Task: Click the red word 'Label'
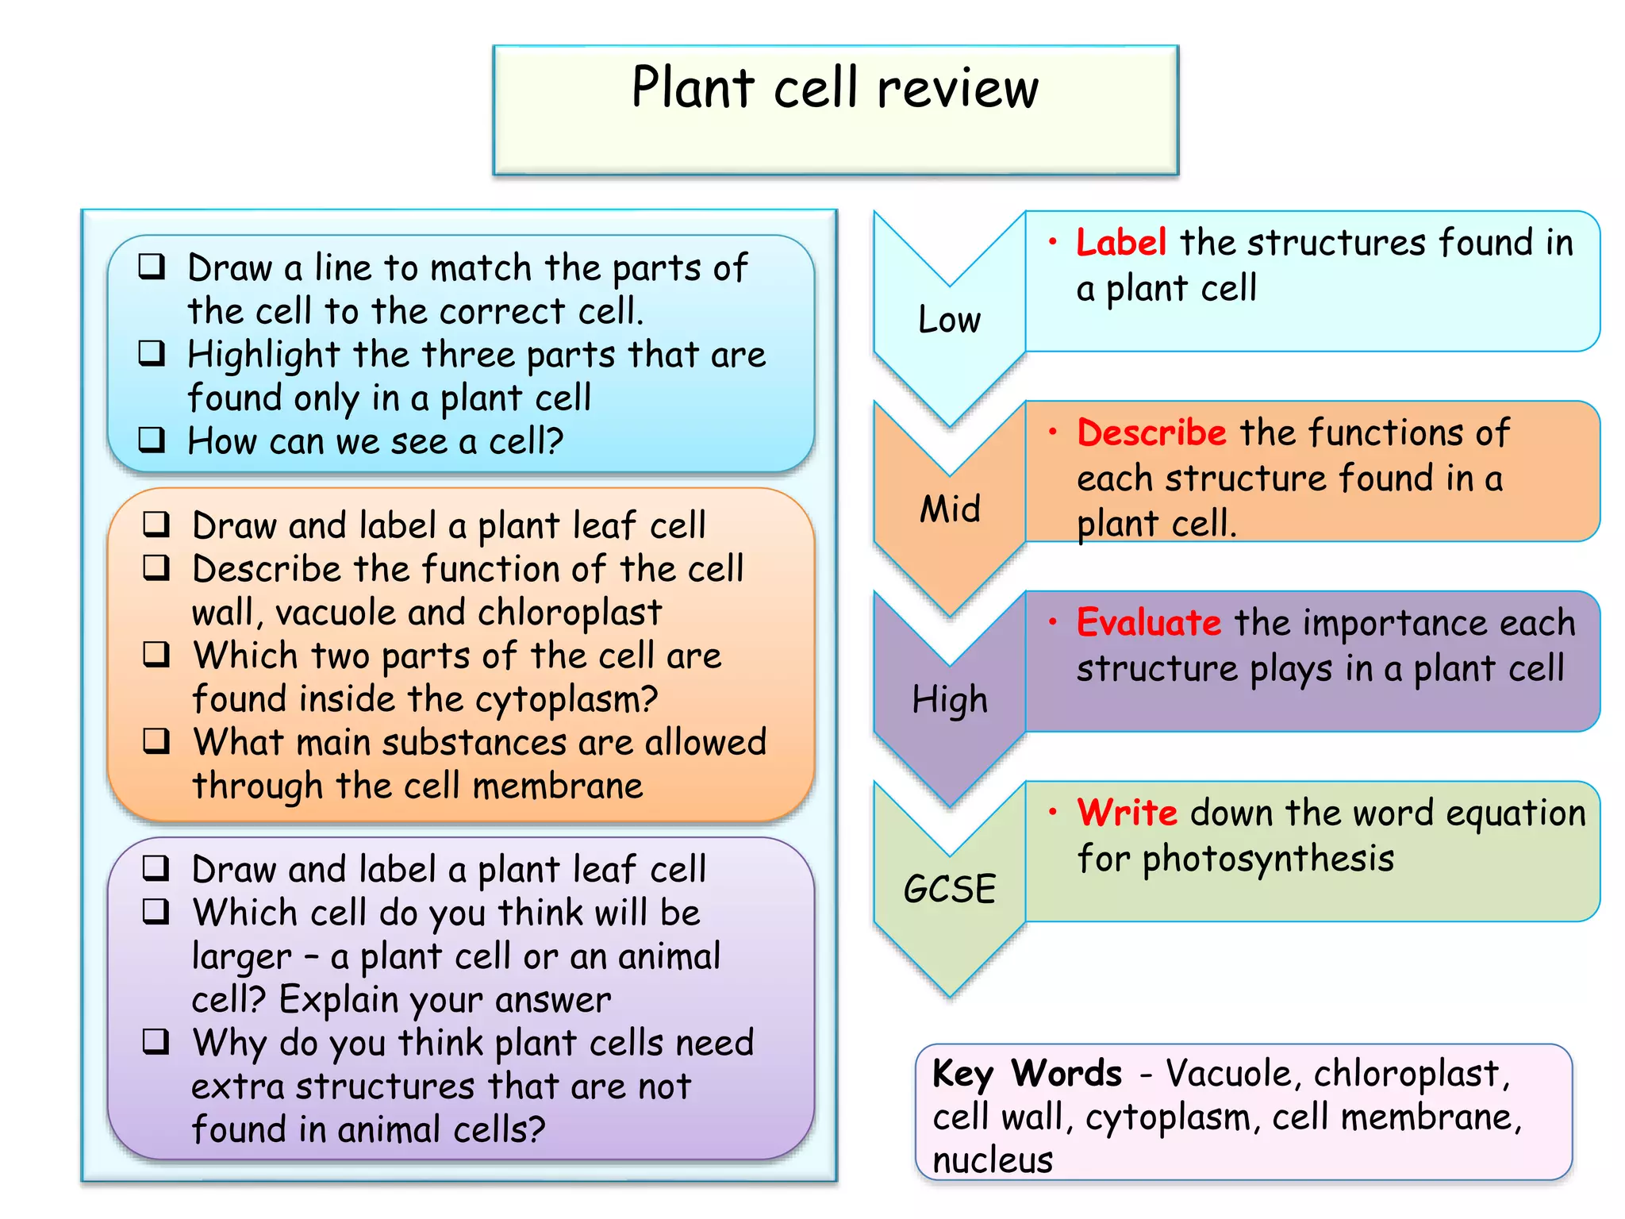[x=1120, y=242]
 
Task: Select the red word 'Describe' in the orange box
[x=1151, y=433]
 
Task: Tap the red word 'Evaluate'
[x=1148, y=622]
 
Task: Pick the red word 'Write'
[x=1127, y=813]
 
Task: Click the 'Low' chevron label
[x=949, y=320]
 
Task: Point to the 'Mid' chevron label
[x=950, y=509]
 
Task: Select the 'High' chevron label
[x=950, y=700]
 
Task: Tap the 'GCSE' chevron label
[x=950, y=889]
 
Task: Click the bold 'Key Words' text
[x=1027, y=1074]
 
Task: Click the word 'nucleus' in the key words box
[x=993, y=1160]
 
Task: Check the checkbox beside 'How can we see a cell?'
[x=152, y=439]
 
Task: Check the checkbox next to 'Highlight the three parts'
[x=152, y=352]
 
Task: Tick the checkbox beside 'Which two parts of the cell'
[x=156, y=654]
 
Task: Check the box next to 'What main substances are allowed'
[x=156, y=740]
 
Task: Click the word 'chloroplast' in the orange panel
[x=570, y=613]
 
